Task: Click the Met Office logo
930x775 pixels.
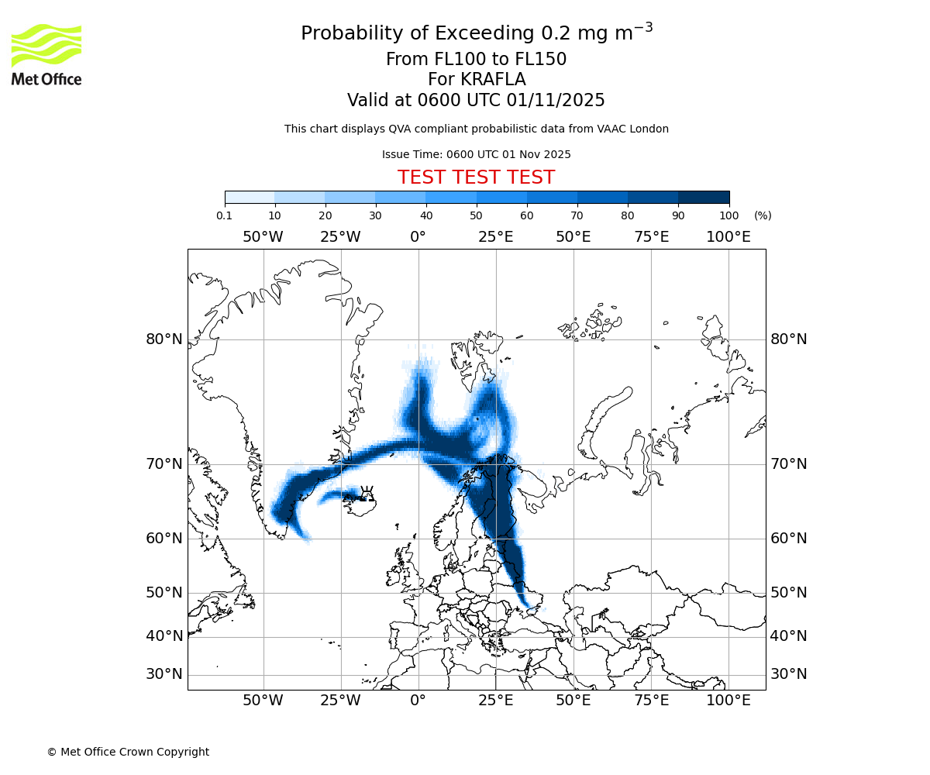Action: (x=46, y=54)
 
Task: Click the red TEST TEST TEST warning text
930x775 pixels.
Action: (x=476, y=177)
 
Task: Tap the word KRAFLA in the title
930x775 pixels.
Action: (x=493, y=80)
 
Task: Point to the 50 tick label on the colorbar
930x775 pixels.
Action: (x=476, y=215)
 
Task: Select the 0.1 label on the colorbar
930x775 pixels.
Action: (x=225, y=215)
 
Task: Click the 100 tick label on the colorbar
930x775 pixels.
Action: (x=729, y=215)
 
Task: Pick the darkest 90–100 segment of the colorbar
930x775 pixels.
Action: (x=704, y=197)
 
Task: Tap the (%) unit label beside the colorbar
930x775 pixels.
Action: (x=763, y=215)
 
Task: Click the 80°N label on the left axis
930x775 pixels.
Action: (x=164, y=339)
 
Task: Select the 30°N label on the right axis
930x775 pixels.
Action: (x=789, y=674)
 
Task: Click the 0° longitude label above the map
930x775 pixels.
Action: (x=418, y=237)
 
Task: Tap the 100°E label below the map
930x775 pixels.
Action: (x=728, y=701)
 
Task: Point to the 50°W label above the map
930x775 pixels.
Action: (x=263, y=237)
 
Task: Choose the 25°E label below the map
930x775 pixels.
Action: (x=496, y=701)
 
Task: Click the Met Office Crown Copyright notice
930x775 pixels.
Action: (x=128, y=752)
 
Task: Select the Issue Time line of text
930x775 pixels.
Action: (x=476, y=154)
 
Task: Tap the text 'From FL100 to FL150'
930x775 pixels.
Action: (x=476, y=60)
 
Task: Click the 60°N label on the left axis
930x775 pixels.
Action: (x=164, y=539)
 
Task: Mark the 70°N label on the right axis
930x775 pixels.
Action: (x=789, y=464)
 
